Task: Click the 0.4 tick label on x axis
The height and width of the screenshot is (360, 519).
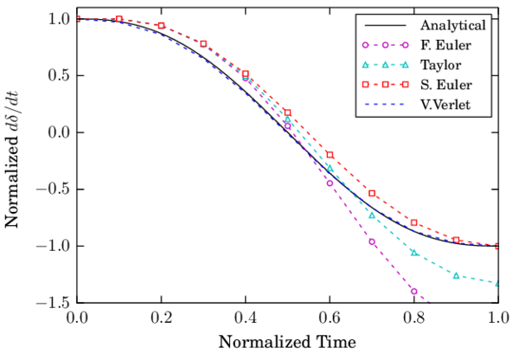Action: click(245, 318)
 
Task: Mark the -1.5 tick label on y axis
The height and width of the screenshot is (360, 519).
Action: click(54, 303)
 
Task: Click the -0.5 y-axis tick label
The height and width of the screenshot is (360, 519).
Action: click(54, 190)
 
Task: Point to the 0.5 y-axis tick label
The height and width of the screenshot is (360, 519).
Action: click(57, 76)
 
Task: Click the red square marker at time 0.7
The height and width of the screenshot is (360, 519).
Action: click(372, 193)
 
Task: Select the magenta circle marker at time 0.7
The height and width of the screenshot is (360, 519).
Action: click(372, 241)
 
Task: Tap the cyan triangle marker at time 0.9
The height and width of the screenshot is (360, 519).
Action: click(457, 275)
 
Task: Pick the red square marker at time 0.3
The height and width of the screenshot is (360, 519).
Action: click(203, 43)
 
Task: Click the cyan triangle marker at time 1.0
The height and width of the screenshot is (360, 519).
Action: click(498, 283)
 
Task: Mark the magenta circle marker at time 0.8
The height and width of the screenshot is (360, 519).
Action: click(414, 292)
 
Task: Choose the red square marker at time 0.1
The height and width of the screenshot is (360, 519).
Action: click(119, 18)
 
